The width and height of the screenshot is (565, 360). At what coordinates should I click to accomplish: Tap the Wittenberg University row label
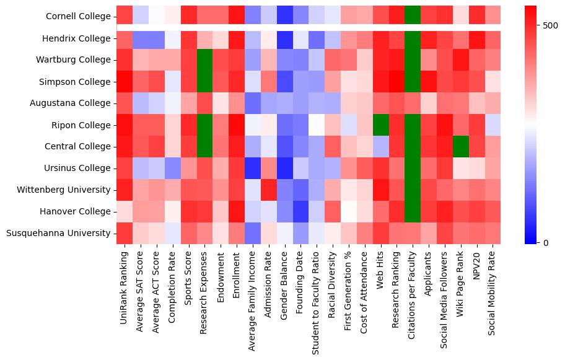tap(64, 190)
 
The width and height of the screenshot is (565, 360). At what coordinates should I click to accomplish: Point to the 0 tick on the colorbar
tap(545, 242)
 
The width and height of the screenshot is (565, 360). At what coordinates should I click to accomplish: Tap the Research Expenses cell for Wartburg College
tap(205, 60)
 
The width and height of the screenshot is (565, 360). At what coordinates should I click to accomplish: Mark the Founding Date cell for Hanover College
tap(301, 211)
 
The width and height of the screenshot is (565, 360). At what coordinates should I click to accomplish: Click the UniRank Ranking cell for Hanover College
tap(125, 211)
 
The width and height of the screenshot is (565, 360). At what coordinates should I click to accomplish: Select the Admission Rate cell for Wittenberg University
tap(269, 190)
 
